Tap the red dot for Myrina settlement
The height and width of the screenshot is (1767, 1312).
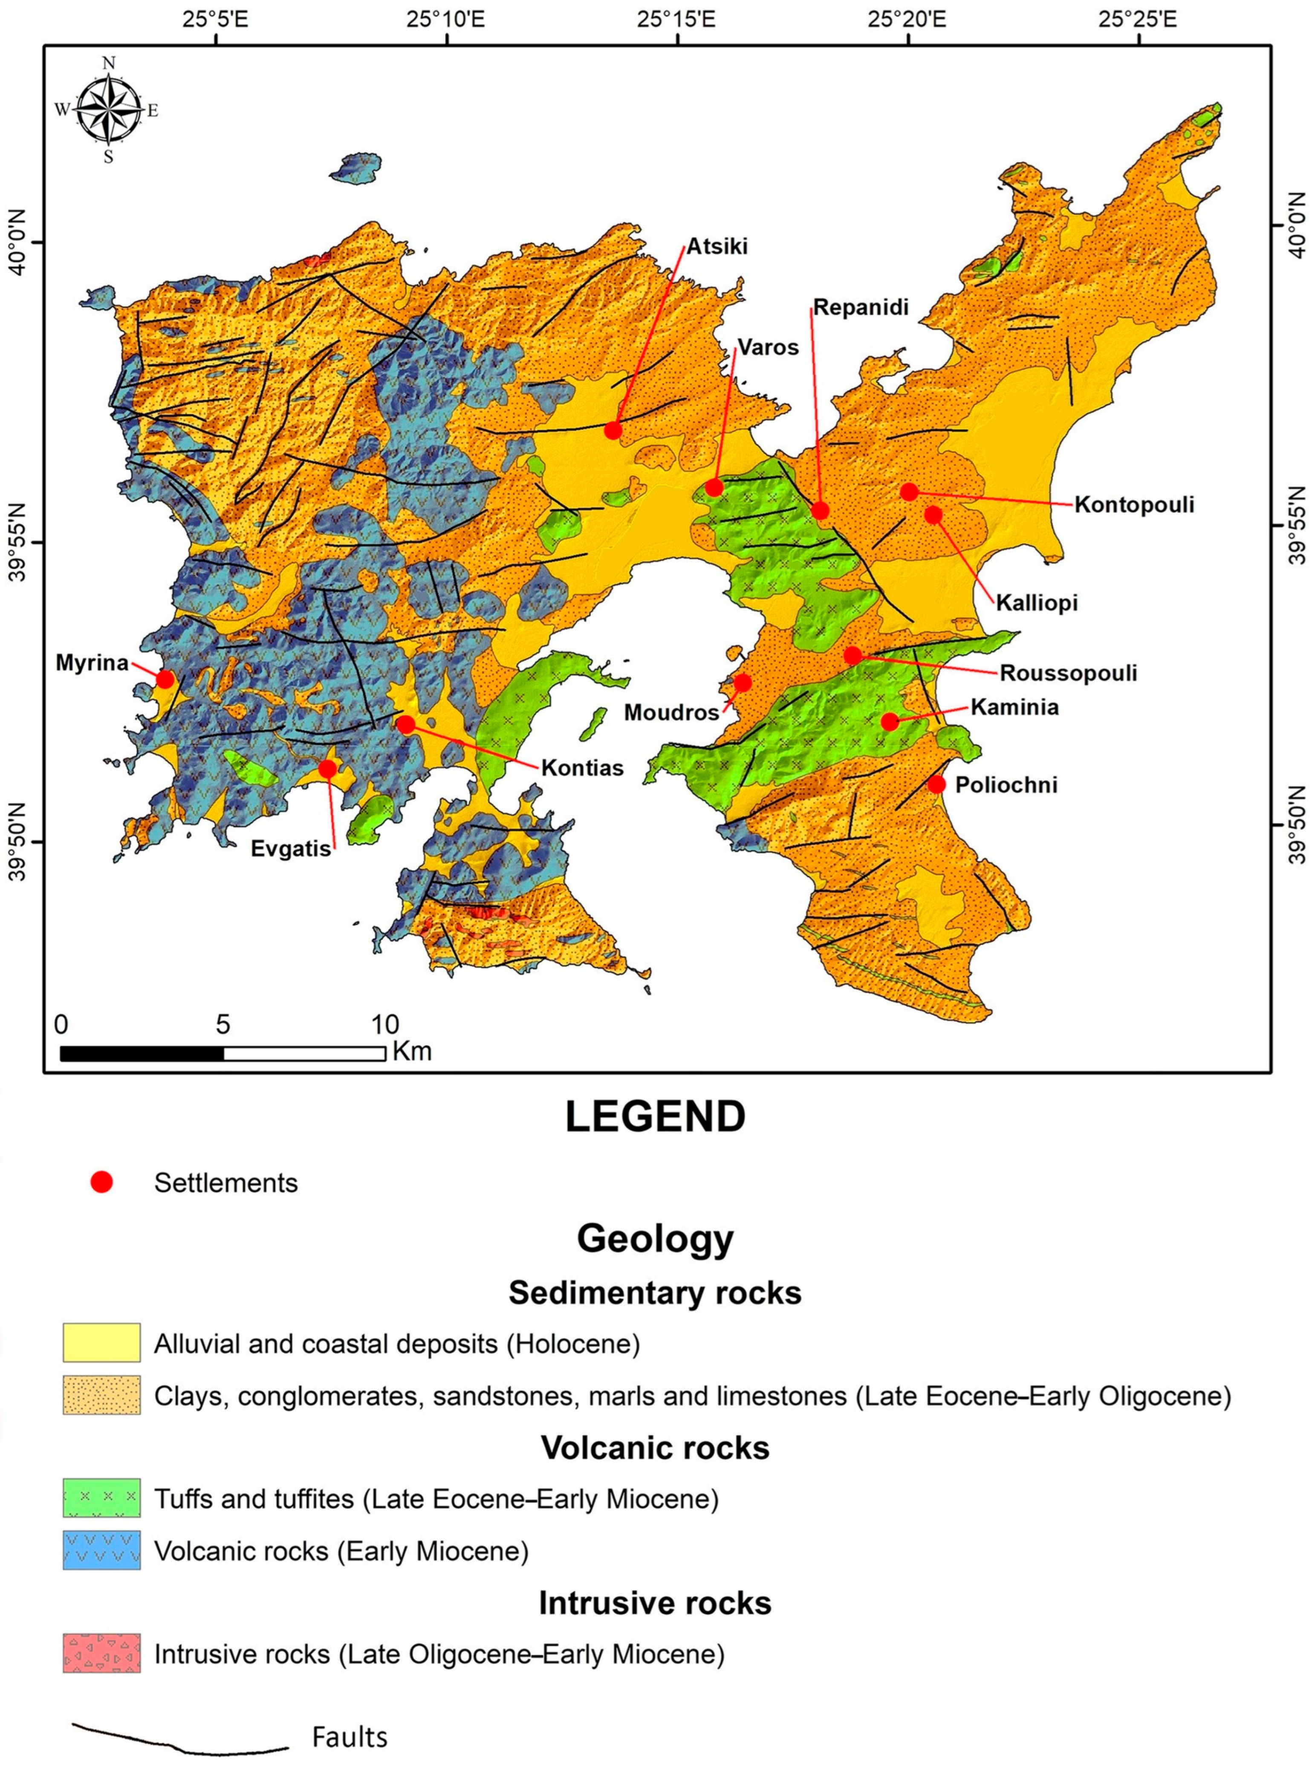[165, 679]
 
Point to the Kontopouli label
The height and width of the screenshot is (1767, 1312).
[1134, 505]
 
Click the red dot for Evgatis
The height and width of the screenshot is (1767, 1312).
[327, 769]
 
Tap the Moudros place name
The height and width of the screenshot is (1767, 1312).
[671, 712]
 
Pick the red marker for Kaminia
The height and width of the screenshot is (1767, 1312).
[890, 721]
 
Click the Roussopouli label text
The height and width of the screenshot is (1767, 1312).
[1068, 674]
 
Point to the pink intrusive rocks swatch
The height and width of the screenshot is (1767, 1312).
[101, 1654]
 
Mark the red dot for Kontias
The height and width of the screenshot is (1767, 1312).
[405, 724]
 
